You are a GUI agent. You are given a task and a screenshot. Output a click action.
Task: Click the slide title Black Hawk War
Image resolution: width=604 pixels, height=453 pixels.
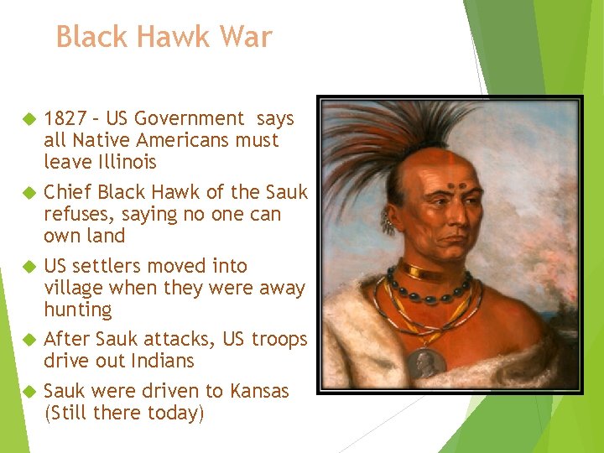point(164,37)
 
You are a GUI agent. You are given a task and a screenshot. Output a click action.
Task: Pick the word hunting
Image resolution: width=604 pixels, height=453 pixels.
point(77,310)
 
